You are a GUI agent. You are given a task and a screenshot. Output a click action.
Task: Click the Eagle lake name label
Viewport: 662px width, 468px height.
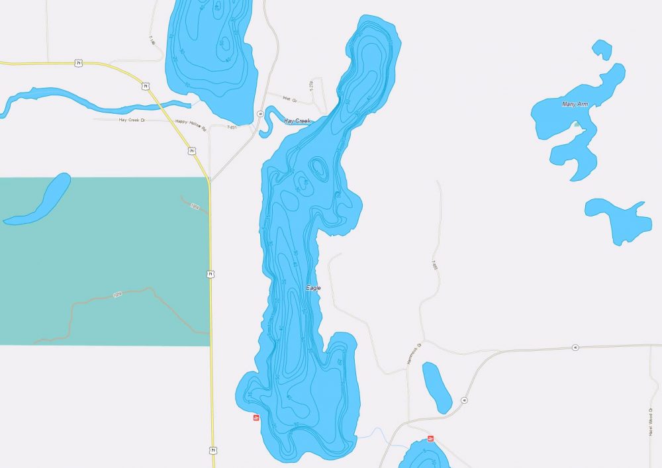(314, 288)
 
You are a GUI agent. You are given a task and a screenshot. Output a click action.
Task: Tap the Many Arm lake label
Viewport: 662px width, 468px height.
(574, 105)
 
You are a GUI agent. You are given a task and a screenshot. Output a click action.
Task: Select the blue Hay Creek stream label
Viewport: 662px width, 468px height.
(297, 121)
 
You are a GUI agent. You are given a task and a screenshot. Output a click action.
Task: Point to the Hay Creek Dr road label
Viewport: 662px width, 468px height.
(132, 120)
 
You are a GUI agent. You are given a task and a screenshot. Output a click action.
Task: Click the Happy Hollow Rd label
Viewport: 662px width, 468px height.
(190, 121)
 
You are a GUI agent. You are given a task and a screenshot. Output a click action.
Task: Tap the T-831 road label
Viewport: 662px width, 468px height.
(232, 127)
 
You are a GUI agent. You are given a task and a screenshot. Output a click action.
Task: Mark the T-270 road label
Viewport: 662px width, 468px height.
(310, 86)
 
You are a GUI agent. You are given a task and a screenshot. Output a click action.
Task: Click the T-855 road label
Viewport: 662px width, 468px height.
(435, 264)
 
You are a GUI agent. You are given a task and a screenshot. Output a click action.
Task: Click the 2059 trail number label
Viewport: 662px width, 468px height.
(117, 295)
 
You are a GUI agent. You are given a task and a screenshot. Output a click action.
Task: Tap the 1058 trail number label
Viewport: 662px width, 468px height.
(195, 207)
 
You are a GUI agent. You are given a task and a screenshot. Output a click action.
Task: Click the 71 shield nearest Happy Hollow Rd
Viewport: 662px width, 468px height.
(191, 151)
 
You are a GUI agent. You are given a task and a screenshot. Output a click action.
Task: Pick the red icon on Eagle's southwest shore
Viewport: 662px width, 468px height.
(256, 418)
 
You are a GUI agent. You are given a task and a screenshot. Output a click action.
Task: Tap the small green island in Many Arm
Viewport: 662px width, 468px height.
(577, 124)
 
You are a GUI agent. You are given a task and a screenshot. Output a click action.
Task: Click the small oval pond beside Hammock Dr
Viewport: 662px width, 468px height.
(437, 387)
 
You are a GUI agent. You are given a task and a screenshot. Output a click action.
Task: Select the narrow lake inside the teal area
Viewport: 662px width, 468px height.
(40, 199)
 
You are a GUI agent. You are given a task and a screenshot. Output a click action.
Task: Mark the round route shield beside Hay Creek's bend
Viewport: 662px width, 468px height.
(261, 114)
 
